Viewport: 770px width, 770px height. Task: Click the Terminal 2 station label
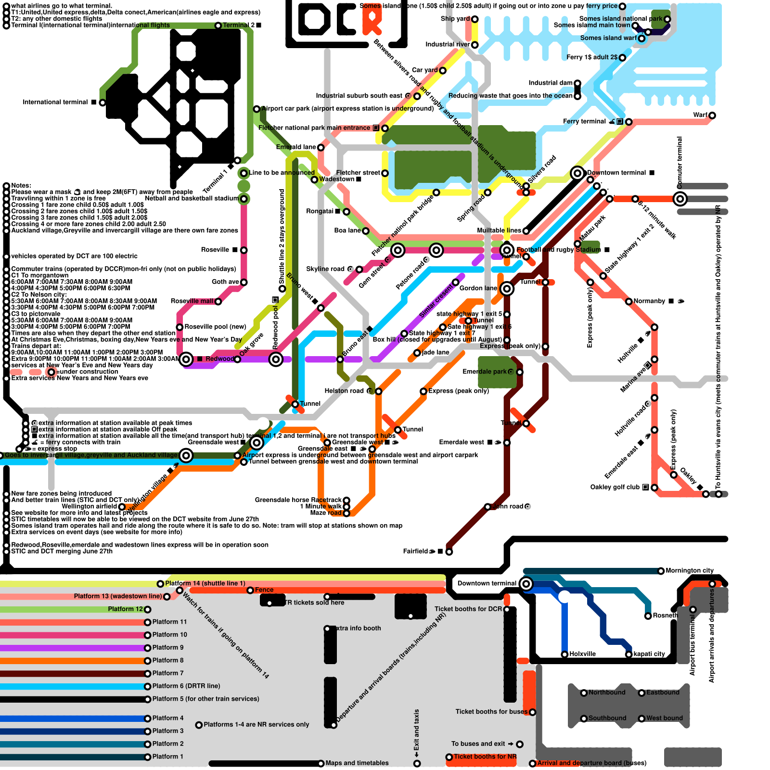coord(239,25)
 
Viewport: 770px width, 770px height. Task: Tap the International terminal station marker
coord(102,103)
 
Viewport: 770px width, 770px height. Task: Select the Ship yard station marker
coord(475,19)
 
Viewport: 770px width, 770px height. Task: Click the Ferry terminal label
coord(584,122)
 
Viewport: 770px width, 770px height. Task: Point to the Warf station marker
coord(712,115)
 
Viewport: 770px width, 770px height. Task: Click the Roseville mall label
coord(192,301)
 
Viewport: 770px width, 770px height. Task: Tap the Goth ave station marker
coord(244,282)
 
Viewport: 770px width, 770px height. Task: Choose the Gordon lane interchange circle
coord(506,289)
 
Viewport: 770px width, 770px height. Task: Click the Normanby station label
coord(649,301)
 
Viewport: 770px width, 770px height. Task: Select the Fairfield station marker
coord(449,552)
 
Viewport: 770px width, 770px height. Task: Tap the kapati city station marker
coord(629,654)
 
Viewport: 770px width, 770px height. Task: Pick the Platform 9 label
coord(168,648)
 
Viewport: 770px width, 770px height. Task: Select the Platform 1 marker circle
coord(147,757)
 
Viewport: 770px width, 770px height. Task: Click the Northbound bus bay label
coord(607,693)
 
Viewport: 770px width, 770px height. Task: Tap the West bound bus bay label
coord(664,719)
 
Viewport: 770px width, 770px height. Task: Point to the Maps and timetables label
coord(357,763)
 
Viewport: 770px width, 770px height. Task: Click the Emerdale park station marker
coord(519,372)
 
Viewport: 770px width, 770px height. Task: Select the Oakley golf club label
coord(615,488)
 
